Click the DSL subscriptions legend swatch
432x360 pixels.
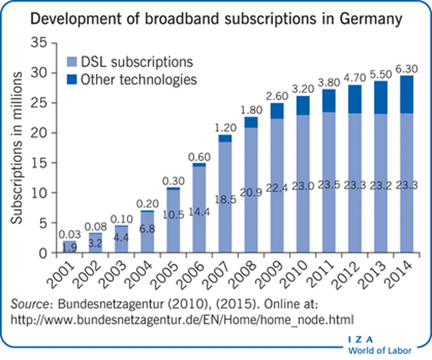[72, 62]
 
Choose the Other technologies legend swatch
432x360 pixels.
[72, 80]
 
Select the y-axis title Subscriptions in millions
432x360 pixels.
[17, 148]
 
